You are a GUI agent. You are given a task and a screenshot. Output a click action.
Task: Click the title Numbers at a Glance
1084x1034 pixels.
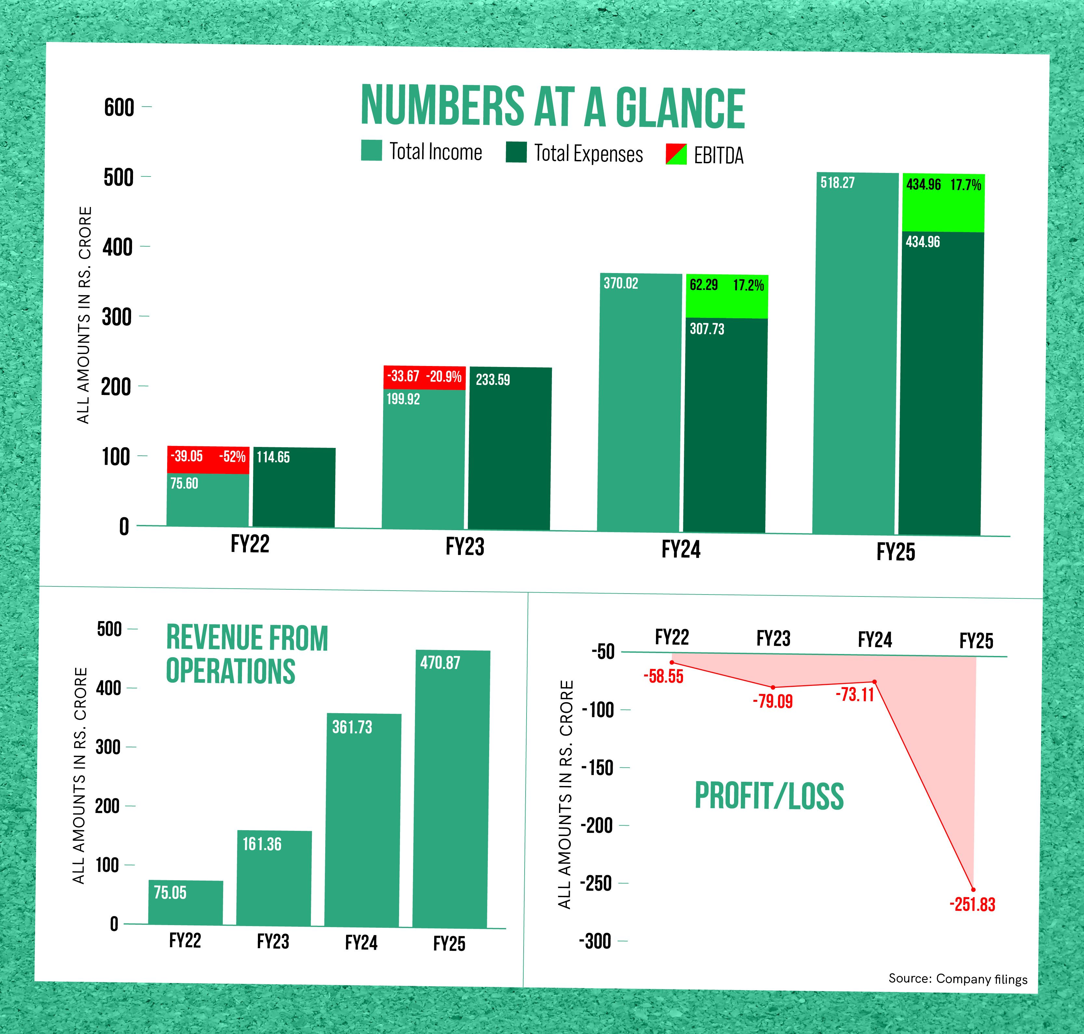(553, 108)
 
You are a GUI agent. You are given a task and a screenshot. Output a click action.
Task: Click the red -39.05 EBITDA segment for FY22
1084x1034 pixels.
(208, 460)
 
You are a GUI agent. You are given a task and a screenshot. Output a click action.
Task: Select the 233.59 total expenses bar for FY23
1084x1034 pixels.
(510, 449)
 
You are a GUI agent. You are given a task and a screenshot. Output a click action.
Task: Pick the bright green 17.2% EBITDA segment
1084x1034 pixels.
(726, 296)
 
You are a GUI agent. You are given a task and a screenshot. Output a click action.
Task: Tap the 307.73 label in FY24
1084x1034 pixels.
(707, 329)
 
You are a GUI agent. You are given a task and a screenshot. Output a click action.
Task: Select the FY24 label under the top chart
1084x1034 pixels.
(681, 550)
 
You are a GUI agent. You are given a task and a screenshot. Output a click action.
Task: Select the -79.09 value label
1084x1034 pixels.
(772, 702)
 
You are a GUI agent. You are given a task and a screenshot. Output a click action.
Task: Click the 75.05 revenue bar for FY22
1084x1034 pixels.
(186, 902)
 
